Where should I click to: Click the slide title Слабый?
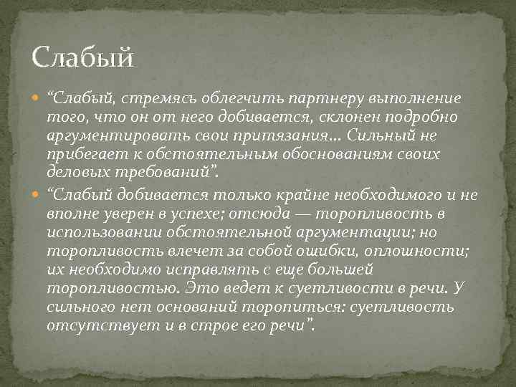pos(83,57)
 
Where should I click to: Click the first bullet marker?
pos(38,97)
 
